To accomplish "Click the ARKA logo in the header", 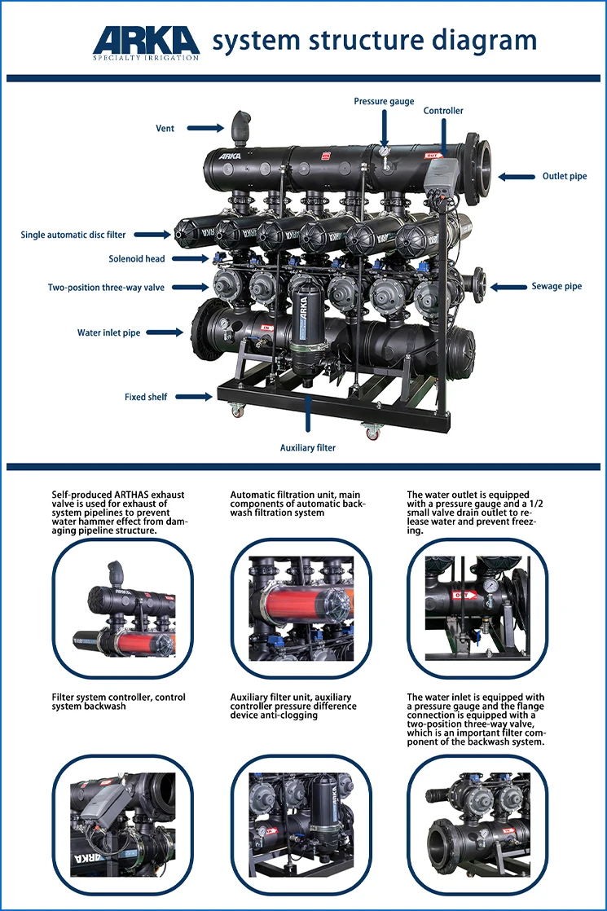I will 146,41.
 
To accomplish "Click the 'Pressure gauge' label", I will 384,102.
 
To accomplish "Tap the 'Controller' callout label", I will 443,111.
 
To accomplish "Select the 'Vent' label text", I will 165,128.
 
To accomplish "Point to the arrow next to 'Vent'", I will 209,128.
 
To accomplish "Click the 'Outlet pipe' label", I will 564,176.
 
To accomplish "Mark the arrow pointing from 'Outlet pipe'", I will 517,176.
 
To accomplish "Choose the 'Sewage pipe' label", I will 556,287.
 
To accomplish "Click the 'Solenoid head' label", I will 137,259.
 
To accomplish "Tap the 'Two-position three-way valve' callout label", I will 106,288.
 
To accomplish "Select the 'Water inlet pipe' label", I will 108,332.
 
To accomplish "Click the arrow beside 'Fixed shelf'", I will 195,397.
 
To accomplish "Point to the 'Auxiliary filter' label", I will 308,447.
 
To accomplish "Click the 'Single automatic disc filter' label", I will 73,235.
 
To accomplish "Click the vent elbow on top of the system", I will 239,126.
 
